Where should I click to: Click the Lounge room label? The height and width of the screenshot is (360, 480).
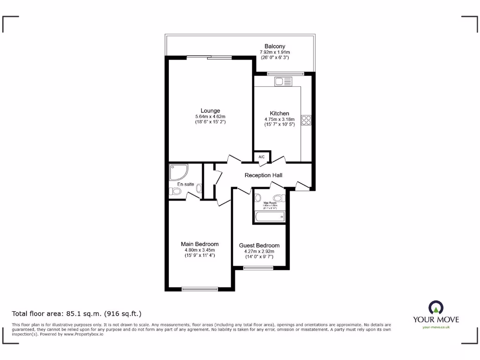pos(210,111)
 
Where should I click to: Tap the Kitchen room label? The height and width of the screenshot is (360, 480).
pos(279,113)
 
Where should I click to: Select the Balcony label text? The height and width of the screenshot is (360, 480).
pos(275,46)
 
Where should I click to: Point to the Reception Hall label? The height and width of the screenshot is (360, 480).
pos(263,175)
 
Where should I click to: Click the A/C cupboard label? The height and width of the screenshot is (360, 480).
pos(262,157)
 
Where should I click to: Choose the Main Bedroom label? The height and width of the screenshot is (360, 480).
pos(200,244)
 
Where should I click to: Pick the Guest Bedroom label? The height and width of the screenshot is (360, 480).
pos(259,245)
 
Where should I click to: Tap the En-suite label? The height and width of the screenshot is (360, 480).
pos(186,184)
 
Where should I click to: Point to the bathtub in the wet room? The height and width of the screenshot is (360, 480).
pos(269,216)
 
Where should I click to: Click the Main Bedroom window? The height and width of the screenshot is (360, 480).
pos(200,289)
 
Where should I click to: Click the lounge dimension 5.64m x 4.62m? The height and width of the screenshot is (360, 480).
pos(210,117)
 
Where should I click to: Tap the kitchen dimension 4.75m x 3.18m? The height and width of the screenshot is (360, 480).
pos(279,120)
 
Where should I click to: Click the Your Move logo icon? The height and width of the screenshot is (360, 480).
pos(435,307)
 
